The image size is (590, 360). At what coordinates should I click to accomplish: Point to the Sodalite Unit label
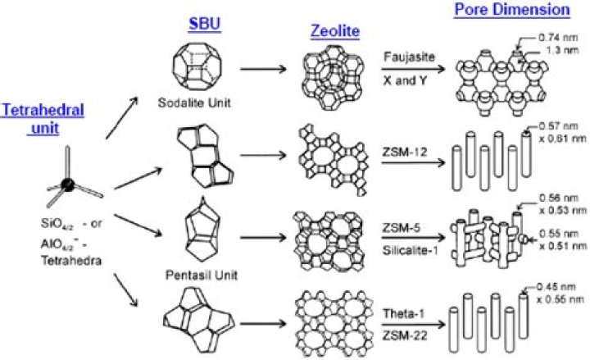pyautogui.click(x=194, y=104)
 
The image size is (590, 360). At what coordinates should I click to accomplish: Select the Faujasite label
pyautogui.click(x=405, y=58)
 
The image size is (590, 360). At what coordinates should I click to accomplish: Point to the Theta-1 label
pyautogui.click(x=403, y=312)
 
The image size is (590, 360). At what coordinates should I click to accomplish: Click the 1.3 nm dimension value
pyautogui.click(x=548, y=52)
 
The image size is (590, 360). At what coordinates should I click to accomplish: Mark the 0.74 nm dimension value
pyautogui.click(x=551, y=39)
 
